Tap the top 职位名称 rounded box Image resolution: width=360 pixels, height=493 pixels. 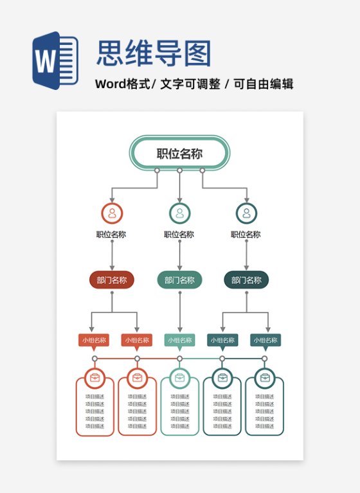click(179, 154)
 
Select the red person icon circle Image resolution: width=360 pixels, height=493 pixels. click(112, 213)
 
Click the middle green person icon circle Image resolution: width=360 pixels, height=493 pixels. click(179, 213)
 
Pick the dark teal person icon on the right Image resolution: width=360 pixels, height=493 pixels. click(246, 213)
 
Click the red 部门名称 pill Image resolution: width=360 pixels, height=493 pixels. click(112, 280)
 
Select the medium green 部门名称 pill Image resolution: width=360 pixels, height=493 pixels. click(179, 280)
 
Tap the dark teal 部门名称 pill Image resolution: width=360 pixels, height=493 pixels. click(246, 280)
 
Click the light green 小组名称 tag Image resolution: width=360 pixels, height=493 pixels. click(179, 340)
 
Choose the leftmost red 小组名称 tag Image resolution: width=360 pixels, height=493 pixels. click(94, 340)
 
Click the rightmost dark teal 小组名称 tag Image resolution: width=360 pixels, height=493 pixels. click(265, 340)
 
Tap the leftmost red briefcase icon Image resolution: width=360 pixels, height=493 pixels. click(95, 377)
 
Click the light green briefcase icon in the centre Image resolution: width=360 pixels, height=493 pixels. click(179, 377)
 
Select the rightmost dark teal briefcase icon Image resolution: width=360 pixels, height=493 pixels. click(265, 377)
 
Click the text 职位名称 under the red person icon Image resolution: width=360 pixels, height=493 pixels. click(111, 235)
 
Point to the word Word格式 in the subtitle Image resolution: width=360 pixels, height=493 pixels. click(122, 84)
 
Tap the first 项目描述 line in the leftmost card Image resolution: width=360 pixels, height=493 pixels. click(95, 397)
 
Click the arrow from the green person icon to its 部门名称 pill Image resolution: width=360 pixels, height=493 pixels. click(179, 255)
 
